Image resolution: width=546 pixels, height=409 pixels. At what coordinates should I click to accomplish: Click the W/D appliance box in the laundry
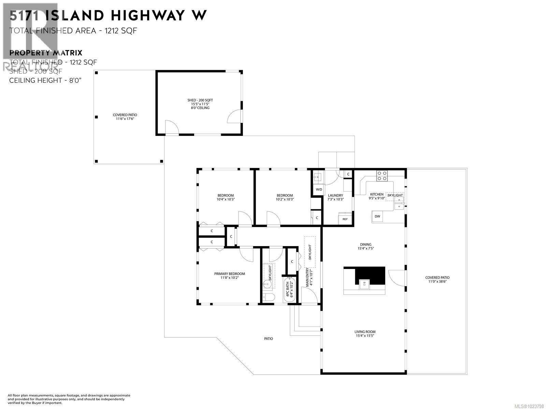pos(319,189)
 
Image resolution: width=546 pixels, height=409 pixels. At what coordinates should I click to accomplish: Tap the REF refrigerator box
pos(345,219)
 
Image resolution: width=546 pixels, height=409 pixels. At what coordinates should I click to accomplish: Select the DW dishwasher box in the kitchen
pos(377,216)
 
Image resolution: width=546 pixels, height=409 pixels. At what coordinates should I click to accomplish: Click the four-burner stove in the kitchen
pos(382,176)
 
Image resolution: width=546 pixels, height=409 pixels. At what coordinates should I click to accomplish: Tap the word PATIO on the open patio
pos(269,339)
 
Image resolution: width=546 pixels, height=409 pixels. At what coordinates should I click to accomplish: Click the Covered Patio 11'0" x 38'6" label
pos(437,279)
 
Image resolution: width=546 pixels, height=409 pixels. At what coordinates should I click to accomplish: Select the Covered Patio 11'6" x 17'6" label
pos(125,117)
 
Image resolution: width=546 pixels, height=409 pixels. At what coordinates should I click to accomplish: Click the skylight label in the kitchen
pos(395,195)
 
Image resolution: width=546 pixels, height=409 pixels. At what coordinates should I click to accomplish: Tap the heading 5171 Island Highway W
pos(108,15)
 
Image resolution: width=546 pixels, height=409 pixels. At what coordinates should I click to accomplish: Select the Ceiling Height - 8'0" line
pos(45,80)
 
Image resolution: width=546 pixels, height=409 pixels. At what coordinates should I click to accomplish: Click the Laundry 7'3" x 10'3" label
pos(335,197)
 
